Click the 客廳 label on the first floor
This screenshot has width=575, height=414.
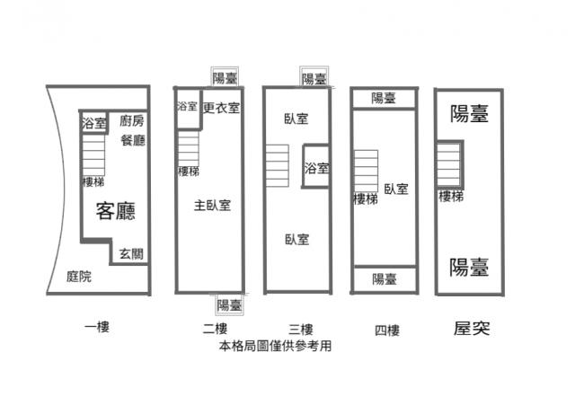[x=116, y=211]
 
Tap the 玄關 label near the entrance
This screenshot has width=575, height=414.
[x=131, y=254]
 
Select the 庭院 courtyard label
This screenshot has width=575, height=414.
[x=79, y=276]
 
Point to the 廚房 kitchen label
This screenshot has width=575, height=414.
[x=132, y=120]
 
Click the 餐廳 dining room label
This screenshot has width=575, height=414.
[x=133, y=140]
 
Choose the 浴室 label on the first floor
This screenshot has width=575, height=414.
[x=93, y=123]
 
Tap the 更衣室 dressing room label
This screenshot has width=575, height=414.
[x=221, y=108]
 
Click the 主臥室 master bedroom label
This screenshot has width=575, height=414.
[x=212, y=206]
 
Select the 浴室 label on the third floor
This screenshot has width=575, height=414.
[x=316, y=168]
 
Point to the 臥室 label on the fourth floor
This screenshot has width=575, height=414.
[x=396, y=189]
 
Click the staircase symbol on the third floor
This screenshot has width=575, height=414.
[x=278, y=166]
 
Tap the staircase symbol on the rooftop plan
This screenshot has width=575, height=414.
[x=448, y=164]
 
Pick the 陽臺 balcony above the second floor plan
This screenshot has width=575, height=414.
[x=225, y=78]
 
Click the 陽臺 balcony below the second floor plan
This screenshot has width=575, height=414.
[x=229, y=304]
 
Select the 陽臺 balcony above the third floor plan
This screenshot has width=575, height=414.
[x=314, y=79]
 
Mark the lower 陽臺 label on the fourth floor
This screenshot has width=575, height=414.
[x=385, y=279]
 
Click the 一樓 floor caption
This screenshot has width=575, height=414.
[x=97, y=327]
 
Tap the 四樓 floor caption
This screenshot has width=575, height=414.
[x=387, y=330]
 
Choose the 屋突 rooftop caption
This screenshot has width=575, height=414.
[x=472, y=328]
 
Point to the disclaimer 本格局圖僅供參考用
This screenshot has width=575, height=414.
[x=275, y=346]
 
